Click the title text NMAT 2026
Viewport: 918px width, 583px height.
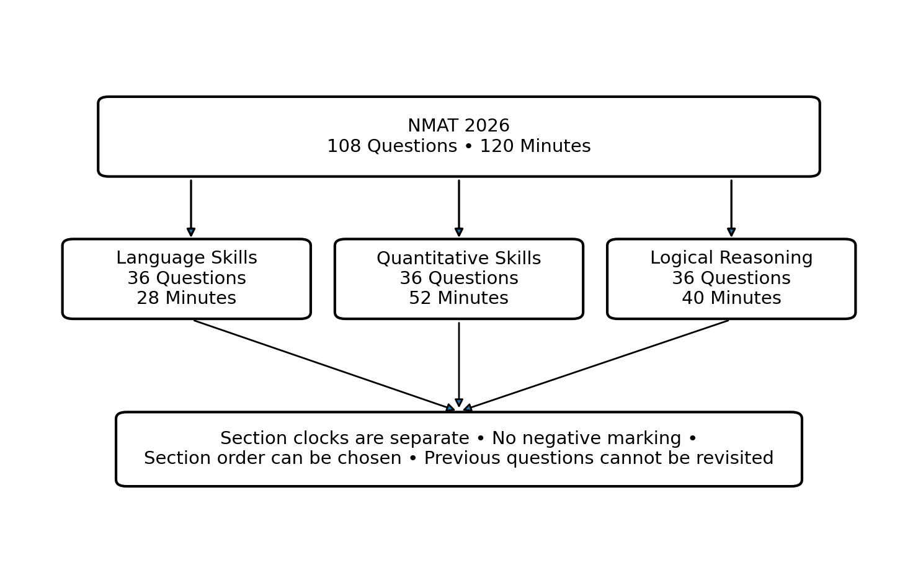point(458,125)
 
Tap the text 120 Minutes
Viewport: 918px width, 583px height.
point(535,146)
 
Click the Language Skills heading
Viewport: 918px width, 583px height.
point(187,258)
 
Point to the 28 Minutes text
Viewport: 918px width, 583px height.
point(187,298)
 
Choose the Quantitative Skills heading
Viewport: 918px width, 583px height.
point(458,259)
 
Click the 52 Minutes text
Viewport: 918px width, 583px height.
point(458,298)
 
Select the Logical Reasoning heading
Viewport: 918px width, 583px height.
point(731,258)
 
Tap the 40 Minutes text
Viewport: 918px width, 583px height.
point(731,298)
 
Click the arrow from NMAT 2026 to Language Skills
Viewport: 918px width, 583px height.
point(191,208)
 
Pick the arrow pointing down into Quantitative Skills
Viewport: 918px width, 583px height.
point(459,208)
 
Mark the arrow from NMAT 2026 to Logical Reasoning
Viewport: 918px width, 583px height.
point(731,208)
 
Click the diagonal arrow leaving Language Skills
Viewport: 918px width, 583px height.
point(324,365)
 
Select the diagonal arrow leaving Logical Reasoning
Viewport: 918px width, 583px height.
point(596,365)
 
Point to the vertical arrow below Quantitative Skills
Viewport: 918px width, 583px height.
point(459,365)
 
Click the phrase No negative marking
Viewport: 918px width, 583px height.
point(586,438)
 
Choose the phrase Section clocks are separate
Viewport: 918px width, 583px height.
point(345,438)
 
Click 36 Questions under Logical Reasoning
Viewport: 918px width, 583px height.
point(731,278)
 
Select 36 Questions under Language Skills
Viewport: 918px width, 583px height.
point(187,278)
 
